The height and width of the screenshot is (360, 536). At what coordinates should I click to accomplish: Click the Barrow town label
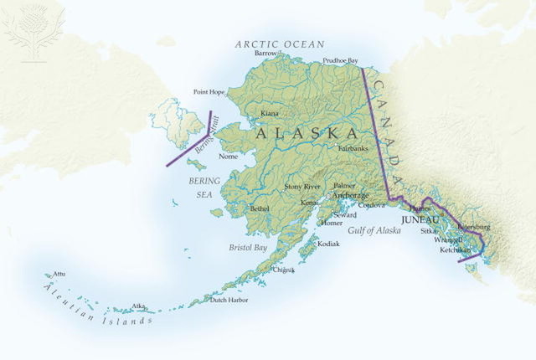[265, 53]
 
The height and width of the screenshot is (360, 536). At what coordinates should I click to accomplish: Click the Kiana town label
[270, 113]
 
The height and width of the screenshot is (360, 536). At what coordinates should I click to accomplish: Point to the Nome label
[228, 157]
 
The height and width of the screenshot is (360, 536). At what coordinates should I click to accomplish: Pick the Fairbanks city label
[353, 148]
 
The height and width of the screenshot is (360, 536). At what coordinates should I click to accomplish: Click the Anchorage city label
[351, 195]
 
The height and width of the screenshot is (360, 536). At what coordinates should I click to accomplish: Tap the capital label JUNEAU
[420, 219]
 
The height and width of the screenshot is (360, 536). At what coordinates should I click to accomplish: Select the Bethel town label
[260, 208]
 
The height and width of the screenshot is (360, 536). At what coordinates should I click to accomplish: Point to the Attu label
[59, 274]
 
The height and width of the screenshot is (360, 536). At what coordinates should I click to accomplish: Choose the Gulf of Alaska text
[375, 229]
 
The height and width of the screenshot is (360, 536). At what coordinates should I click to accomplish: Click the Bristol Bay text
[248, 248]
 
